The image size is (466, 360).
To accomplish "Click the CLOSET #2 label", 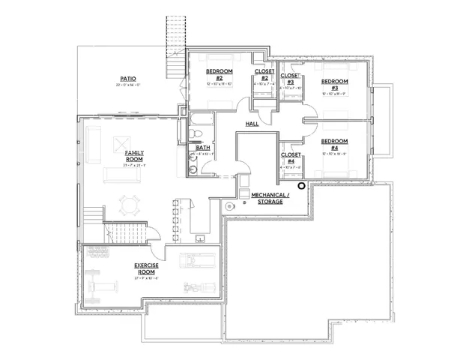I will (264, 75).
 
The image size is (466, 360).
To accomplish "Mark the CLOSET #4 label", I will (290, 157).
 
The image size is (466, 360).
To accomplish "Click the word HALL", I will (252, 123).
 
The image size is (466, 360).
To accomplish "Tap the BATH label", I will (203, 148).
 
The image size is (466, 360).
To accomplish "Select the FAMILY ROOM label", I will (134, 155).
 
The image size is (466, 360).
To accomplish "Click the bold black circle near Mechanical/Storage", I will (301, 186).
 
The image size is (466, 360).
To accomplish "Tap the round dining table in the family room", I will (130, 204).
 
